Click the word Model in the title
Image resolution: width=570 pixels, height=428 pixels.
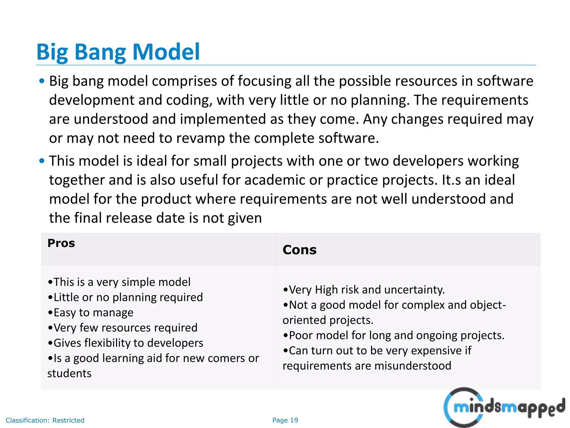tap(166, 52)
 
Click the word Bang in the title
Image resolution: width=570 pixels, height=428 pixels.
tap(99, 52)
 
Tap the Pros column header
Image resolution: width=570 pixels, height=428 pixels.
tap(61, 243)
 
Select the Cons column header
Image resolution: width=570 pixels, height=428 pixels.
tap(299, 250)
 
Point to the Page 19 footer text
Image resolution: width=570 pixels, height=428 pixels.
tap(285, 420)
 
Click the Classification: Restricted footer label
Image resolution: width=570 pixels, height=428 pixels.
tap(45, 420)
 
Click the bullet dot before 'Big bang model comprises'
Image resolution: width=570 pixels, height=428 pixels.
tap(42, 81)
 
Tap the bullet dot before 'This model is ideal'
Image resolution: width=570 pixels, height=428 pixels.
tap(42, 161)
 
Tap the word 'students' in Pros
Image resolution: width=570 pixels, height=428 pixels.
tap(69, 373)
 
